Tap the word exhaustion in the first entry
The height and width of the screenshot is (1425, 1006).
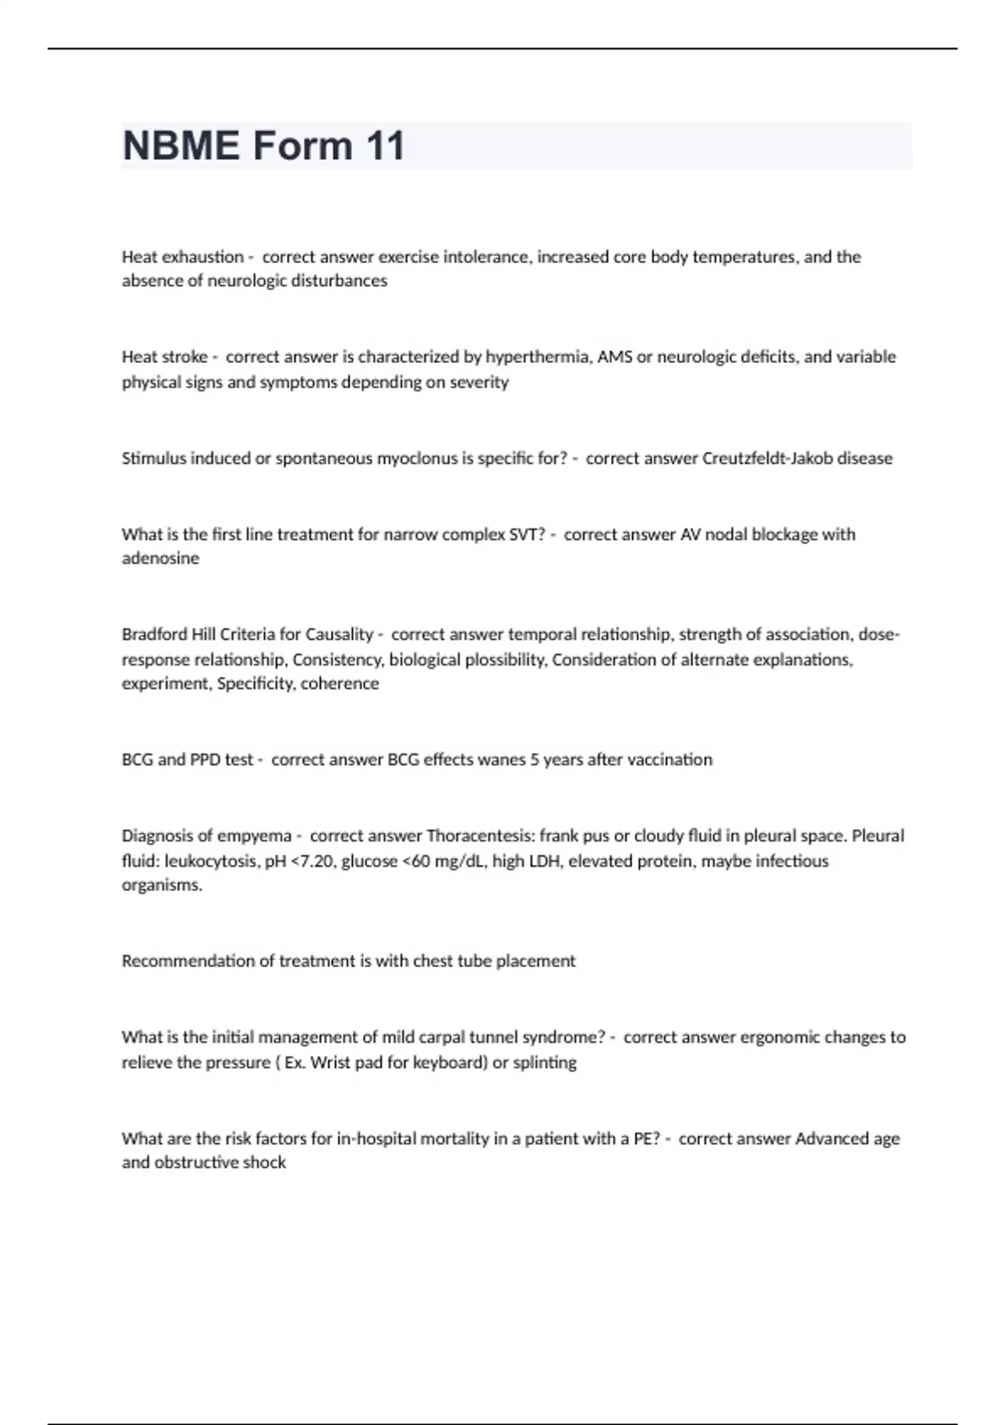202,256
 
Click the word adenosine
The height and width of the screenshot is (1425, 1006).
160,558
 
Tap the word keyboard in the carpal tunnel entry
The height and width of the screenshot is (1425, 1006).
450,1062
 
